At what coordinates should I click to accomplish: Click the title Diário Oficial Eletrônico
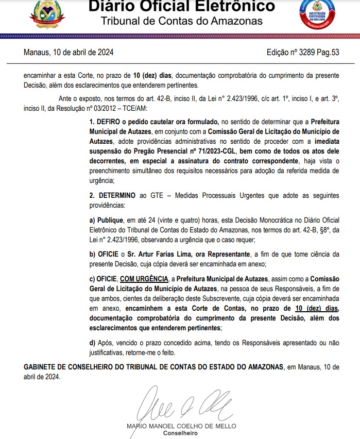(x=181, y=7)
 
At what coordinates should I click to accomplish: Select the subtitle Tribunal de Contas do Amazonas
(x=181, y=21)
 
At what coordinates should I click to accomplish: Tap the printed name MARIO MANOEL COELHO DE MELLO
(x=181, y=426)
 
